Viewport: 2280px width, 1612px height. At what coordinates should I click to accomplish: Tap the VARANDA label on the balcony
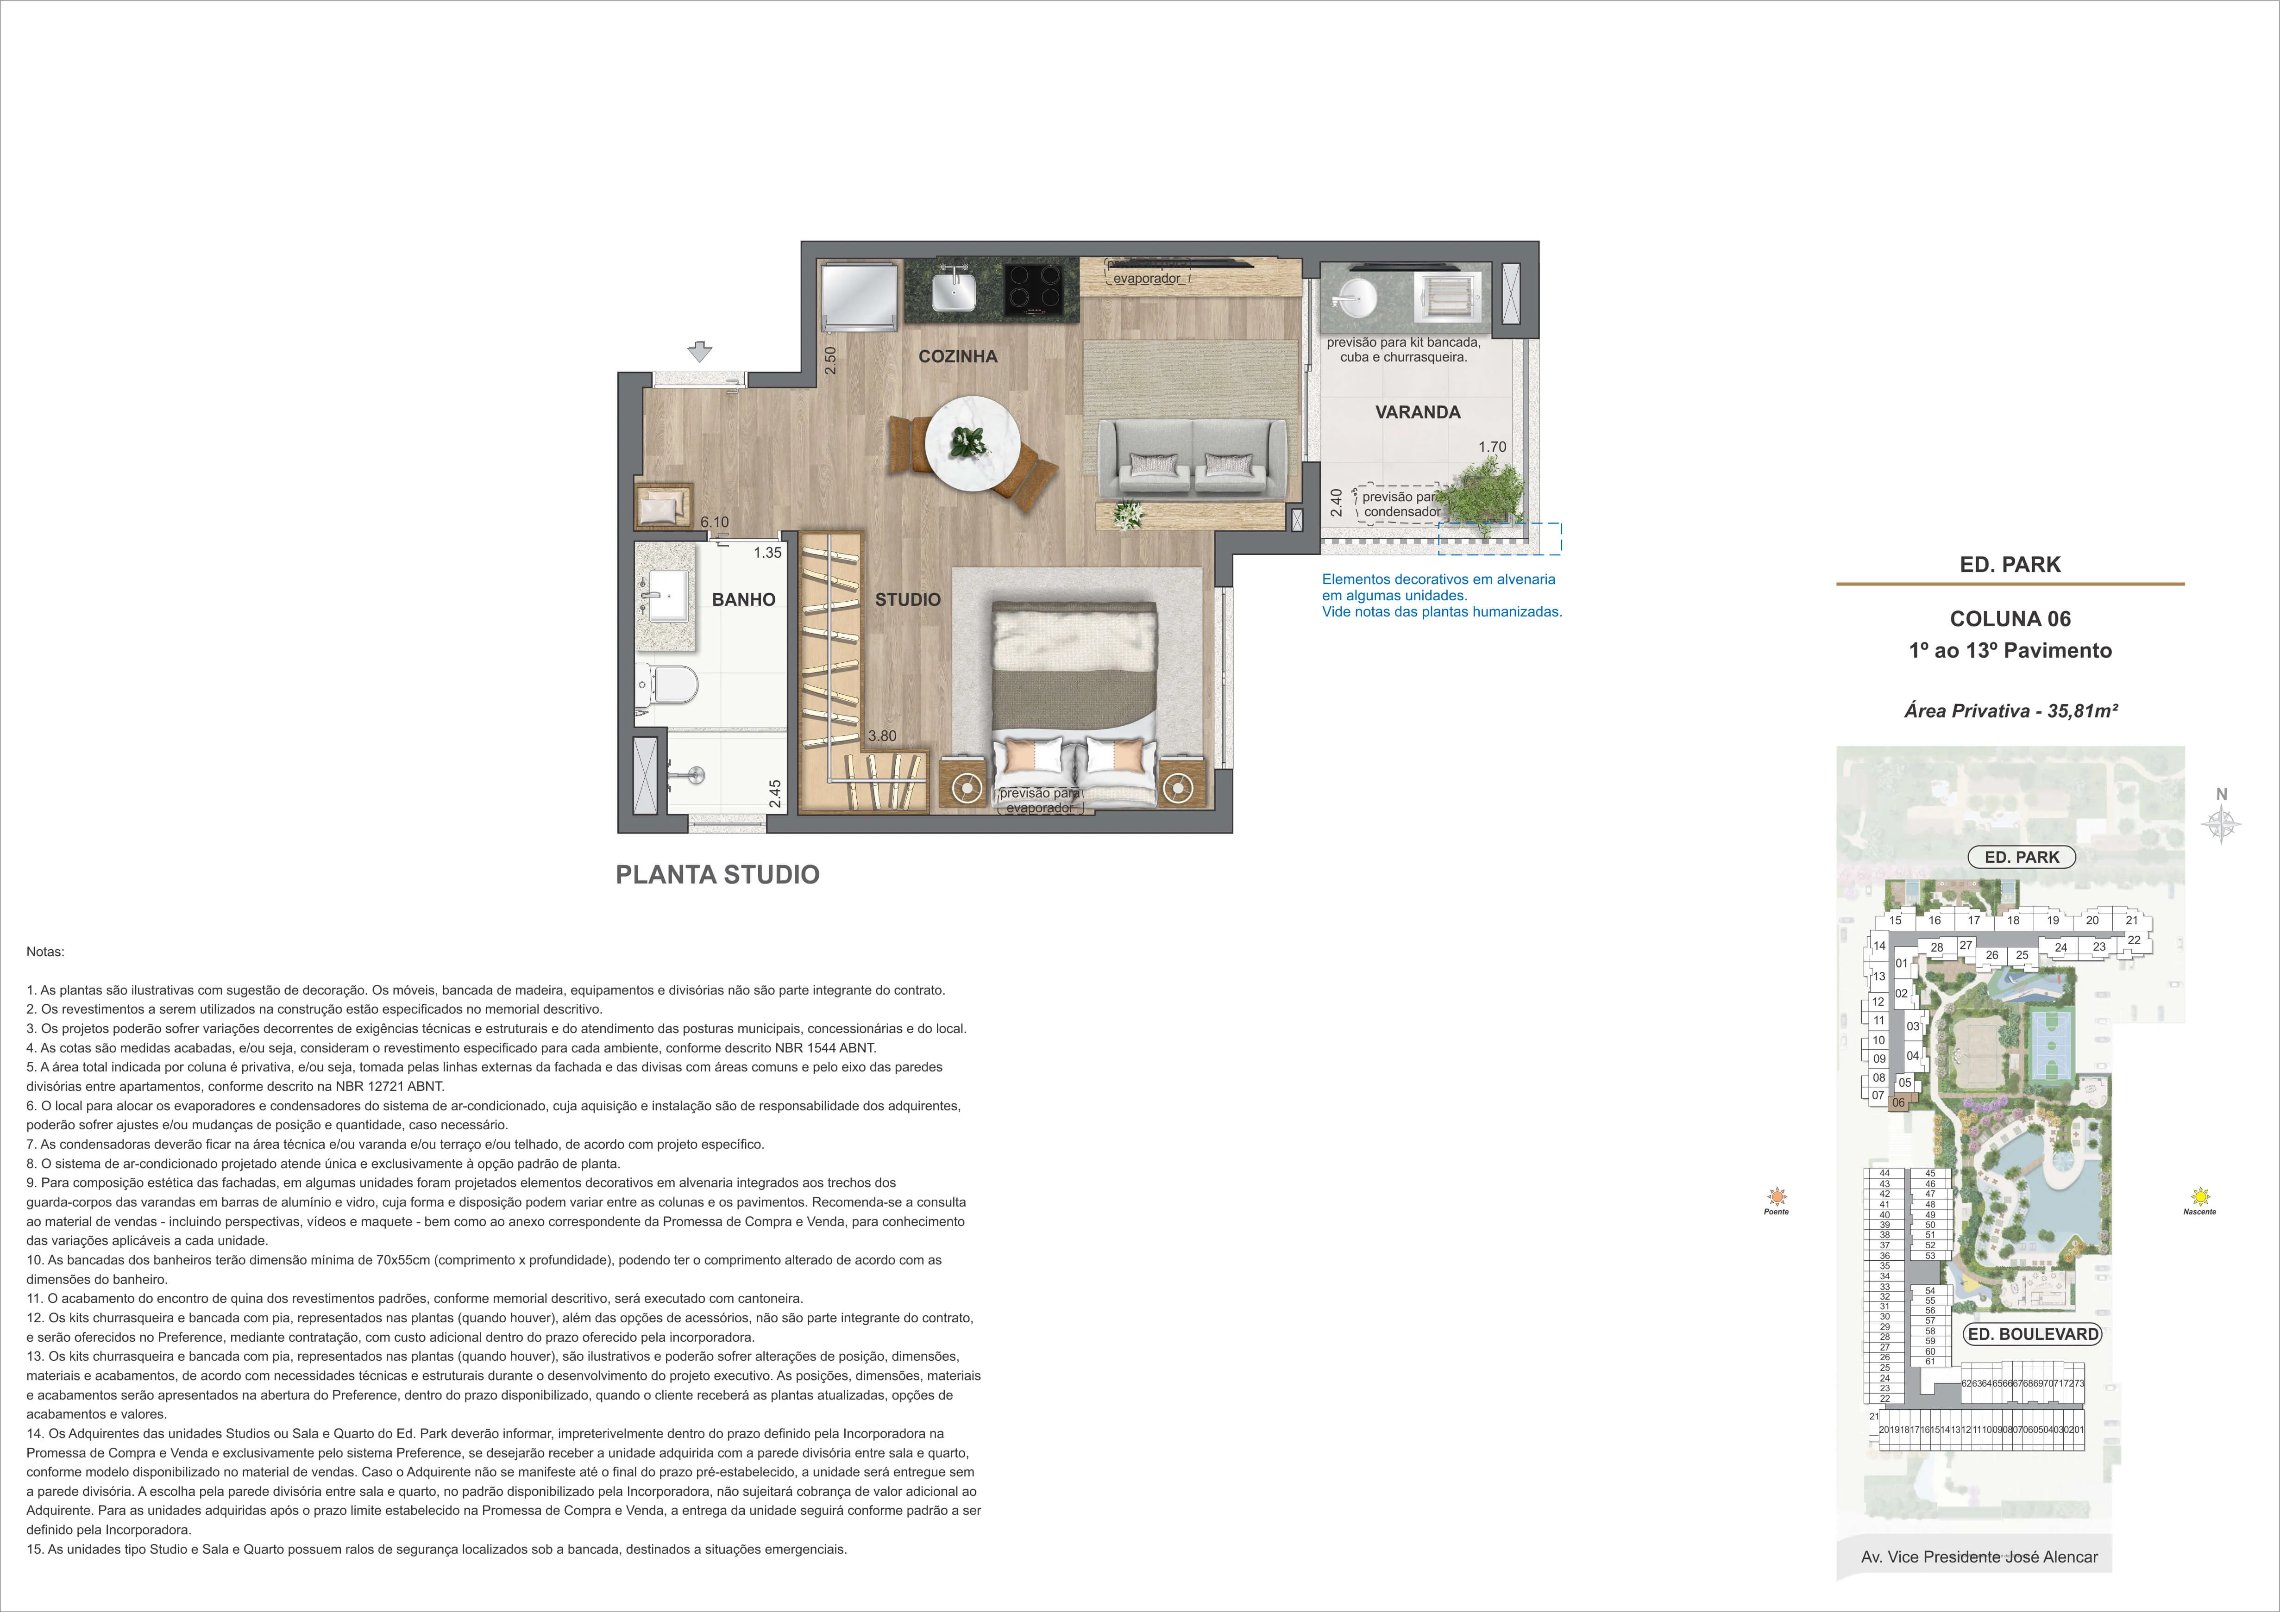click(x=1417, y=412)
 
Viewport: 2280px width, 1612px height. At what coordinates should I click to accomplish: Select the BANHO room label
click(x=744, y=599)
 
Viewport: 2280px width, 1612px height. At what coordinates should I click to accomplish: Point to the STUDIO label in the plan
click(x=908, y=599)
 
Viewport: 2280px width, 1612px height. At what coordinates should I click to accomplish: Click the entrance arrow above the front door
click(x=700, y=351)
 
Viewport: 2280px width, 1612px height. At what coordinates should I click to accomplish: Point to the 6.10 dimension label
click(x=714, y=522)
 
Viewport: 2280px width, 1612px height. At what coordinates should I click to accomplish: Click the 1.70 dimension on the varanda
click(x=1493, y=447)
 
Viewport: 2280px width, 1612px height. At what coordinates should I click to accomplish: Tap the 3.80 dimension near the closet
click(x=882, y=736)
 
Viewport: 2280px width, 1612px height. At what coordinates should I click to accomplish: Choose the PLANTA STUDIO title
click(x=718, y=874)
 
